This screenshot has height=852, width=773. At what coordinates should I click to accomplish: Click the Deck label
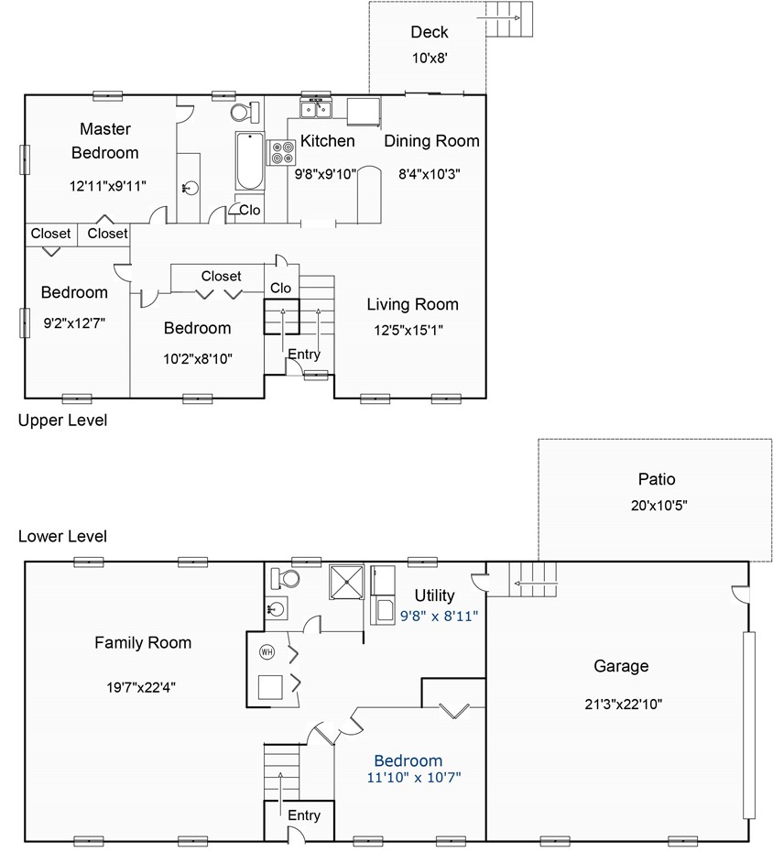[430, 32]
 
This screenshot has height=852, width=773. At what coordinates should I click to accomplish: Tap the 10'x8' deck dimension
[430, 58]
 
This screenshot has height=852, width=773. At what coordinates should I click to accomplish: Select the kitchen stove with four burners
[281, 153]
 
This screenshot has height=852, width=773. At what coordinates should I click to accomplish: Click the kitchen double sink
[316, 109]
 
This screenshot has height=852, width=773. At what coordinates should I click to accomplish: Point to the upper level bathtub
[250, 161]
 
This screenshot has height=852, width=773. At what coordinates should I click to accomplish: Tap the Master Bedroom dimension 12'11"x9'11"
[107, 186]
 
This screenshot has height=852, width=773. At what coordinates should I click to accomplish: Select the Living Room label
[412, 304]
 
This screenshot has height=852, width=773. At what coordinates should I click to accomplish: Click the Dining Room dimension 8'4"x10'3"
[430, 174]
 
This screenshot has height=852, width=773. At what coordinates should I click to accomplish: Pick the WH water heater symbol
[267, 651]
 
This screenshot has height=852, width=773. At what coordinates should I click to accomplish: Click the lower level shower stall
[346, 583]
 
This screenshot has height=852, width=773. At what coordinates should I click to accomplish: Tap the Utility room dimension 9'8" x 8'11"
[439, 616]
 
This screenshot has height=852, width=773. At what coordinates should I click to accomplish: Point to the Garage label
[621, 666]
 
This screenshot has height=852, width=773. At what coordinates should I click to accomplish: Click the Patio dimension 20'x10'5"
[659, 506]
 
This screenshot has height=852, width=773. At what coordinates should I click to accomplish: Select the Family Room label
[143, 643]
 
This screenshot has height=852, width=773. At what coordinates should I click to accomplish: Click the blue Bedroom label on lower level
[408, 760]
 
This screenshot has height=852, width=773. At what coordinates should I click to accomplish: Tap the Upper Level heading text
[62, 421]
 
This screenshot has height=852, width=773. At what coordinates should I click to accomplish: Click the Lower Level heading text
[62, 536]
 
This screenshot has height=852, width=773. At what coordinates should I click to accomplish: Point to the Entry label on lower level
[304, 815]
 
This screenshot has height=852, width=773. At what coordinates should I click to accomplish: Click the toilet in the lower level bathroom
[285, 578]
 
